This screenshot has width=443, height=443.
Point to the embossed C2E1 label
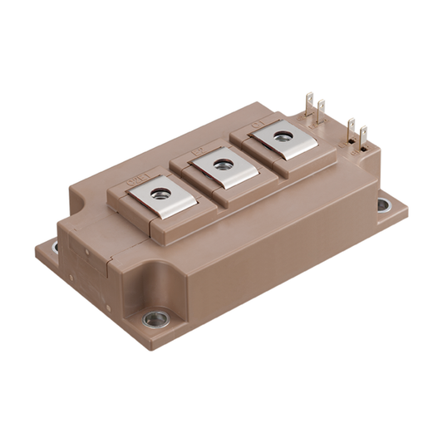pyautogui.click(x=132, y=176)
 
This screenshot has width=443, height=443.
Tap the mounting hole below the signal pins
pyautogui.click(x=383, y=204)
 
